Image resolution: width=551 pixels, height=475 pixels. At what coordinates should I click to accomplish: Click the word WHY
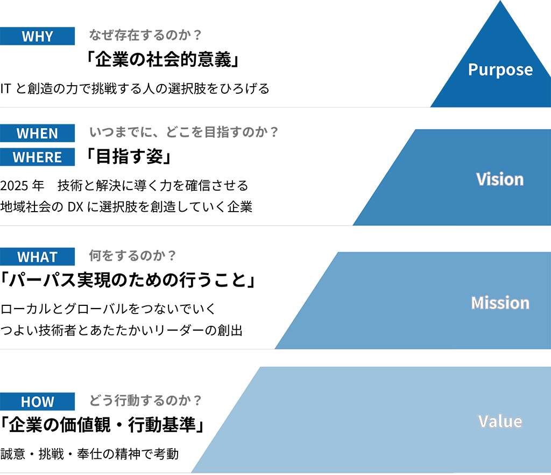(x=37, y=37)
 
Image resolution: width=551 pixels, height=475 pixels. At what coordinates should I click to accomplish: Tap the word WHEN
(x=37, y=134)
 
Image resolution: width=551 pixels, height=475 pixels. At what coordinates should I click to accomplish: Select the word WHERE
(x=37, y=157)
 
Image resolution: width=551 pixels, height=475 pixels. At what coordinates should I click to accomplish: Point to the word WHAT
(x=37, y=257)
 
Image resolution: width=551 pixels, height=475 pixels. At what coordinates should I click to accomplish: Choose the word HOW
(x=38, y=402)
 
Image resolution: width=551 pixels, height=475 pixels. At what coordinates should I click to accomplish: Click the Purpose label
(x=500, y=69)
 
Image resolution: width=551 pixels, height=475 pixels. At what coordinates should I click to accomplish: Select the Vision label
(x=500, y=179)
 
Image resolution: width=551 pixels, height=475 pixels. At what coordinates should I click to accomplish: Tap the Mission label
(x=500, y=303)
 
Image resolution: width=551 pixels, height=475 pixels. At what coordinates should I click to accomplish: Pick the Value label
(x=500, y=421)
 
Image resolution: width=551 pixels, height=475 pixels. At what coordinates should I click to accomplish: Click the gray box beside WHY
(x=153, y=24)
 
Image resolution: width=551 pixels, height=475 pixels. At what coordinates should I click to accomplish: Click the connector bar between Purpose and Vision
(x=442, y=113)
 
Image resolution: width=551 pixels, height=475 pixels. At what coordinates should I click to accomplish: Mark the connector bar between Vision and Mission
(x=402, y=232)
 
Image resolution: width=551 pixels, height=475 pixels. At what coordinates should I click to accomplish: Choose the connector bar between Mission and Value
(x=364, y=353)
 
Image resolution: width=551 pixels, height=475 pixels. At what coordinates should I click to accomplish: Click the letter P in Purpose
(x=473, y=69)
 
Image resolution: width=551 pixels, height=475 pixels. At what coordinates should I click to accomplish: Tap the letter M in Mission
(x=477, y=303)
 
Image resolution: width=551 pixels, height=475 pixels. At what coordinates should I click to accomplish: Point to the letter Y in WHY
(x=49, y=37)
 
